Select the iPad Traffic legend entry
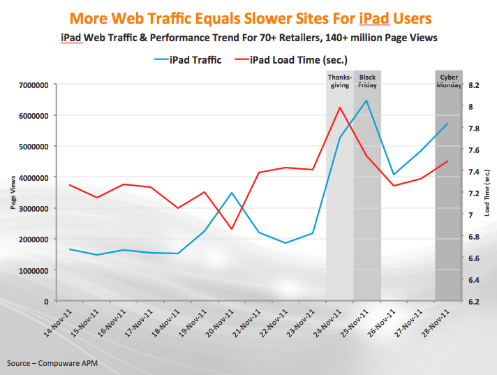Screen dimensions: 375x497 point(188,59)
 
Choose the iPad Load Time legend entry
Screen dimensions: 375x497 point(300,59)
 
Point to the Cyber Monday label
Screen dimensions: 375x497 point(448,80)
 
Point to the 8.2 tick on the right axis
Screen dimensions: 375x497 point(475,85)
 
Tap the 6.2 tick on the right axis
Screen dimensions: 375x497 point(475,301)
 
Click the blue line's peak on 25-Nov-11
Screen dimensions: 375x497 point(366,101)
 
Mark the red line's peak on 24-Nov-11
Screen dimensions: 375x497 point(339,108)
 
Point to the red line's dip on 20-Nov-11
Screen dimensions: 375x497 point(232,229)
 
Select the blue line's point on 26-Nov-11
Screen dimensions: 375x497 point(394,175)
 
